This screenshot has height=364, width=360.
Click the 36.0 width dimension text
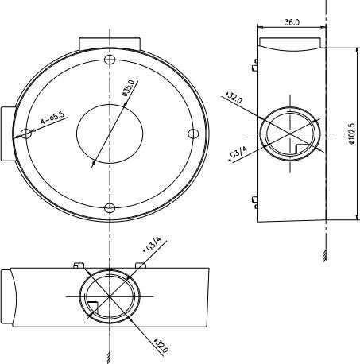click(x=292, y=23)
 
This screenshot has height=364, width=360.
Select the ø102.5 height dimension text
click(x=351, y=134)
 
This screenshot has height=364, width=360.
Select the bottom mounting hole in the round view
click(x=110, y=207)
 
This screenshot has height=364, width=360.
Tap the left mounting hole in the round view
click(x=26, y=134)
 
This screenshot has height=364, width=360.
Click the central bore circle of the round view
click(x=110, y=134)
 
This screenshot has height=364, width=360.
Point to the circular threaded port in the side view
click(x=290, y=134)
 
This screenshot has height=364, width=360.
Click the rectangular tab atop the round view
click(x=110, y=41)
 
